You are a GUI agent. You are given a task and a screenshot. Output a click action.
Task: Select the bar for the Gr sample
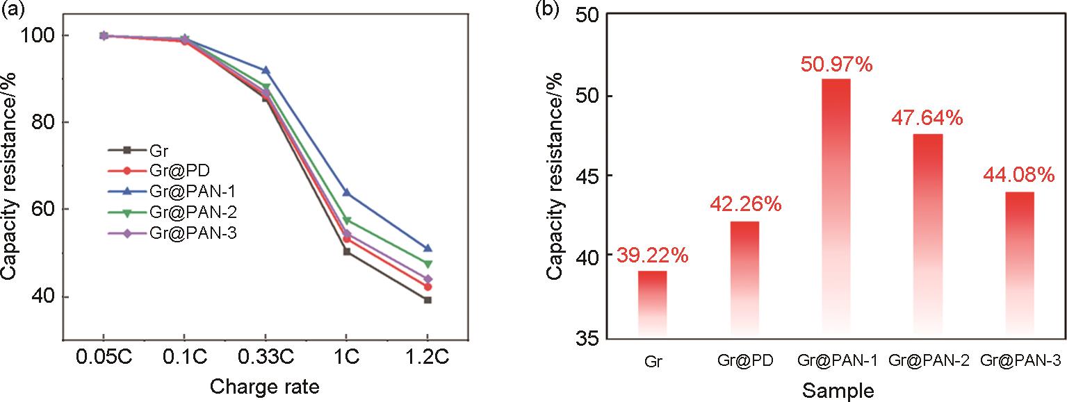[652, 304]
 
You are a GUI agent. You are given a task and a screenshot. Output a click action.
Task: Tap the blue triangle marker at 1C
[346, 192]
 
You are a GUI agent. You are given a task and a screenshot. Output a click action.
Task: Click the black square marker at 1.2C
[427, 300]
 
